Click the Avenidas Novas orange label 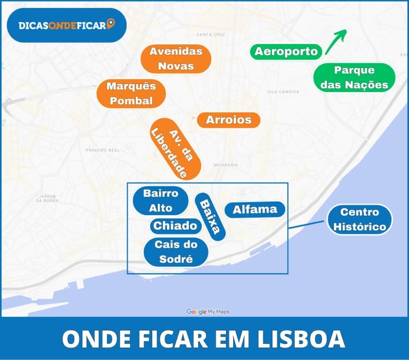tap(176, 59)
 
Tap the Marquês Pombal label tap(131, 94)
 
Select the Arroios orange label tap(229, 120)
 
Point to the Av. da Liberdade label tap(175, 152)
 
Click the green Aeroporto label tap(286, 51)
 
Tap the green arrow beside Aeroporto tap(336, 41)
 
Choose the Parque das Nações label tap(354, 78)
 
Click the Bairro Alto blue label tap(161, 200)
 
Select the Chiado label tap(175, 226)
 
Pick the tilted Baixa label tap(210, 217)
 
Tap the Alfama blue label tap(255, 209)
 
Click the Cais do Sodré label tap(176, 252)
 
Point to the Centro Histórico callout tap(360, 219)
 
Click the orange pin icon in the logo tap(111, 24)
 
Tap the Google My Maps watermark tap(208, 312)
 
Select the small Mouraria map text tap(226, 165)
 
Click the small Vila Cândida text tap(283, 92)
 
